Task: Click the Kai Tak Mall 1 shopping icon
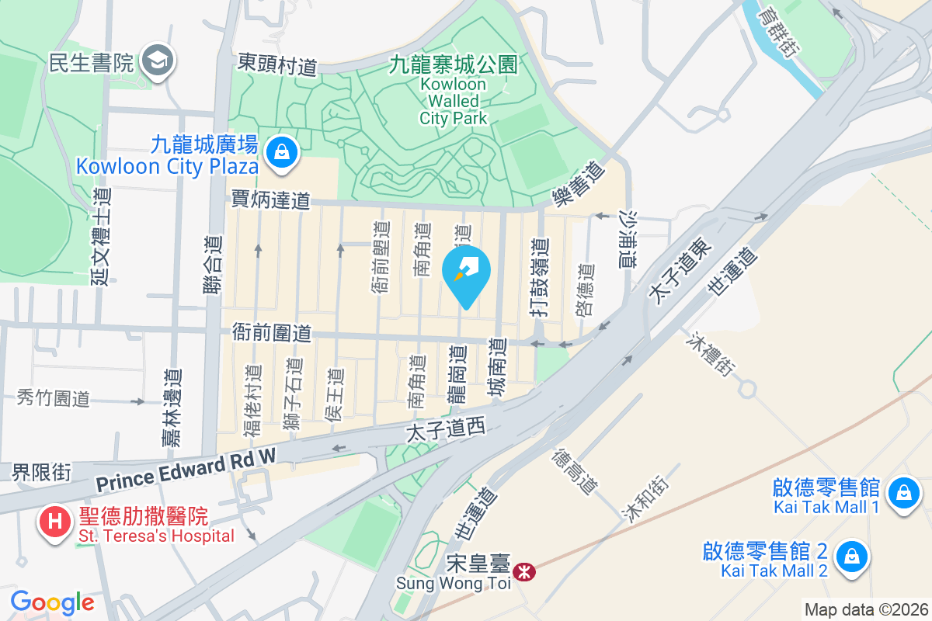(x=902, y=494)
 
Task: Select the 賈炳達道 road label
(x=270, y=200)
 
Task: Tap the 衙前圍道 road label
(x=272, y=334)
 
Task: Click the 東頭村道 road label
(x=277, y=64)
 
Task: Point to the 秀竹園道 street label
(x=54, y=399)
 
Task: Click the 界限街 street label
(x=41, y=472)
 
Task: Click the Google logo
(x=52, y=602)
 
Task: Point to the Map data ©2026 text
(x=865, y=609)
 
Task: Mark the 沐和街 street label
(x=644, y=499)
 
